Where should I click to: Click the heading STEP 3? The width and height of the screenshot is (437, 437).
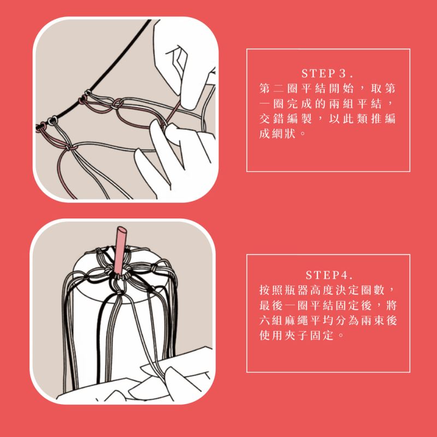click(x=327, y=74)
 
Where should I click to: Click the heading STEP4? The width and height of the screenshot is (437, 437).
click(x=329, y=275)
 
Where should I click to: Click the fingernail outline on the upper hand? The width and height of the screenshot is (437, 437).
click(x=179, y=59)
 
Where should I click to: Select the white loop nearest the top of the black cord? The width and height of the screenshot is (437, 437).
click(x=88, y=92)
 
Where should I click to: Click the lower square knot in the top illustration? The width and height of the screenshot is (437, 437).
click(x=70, y=147)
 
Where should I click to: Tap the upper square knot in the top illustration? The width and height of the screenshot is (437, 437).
click(x=117, y=104)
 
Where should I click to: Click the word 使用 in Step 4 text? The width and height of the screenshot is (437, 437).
click(x=271, y=335)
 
